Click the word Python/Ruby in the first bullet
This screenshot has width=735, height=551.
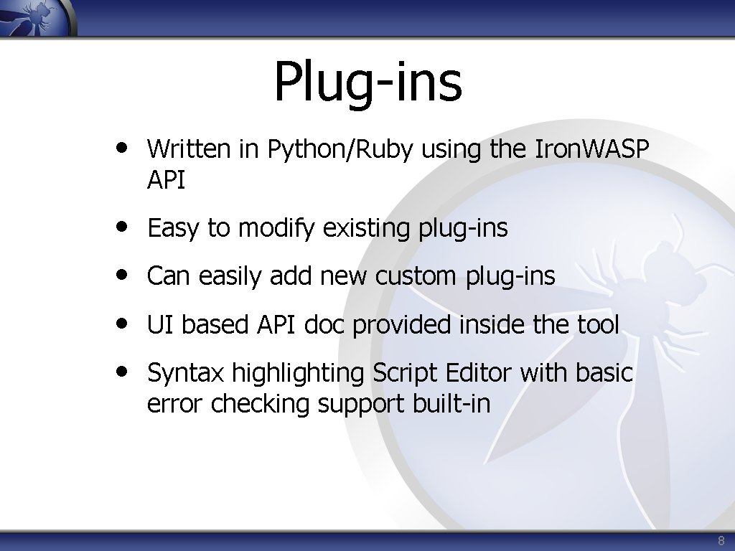point(340,149)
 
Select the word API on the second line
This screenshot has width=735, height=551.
point(166,181)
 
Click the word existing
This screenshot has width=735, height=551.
point(365,229)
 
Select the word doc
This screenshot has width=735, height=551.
point(325,325)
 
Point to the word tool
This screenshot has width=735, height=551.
point(597,325)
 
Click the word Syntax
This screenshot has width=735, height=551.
point(185,373)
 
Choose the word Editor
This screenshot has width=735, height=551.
point(479,373)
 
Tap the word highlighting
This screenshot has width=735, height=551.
point(298,374)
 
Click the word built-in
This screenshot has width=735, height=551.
point(451,404)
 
